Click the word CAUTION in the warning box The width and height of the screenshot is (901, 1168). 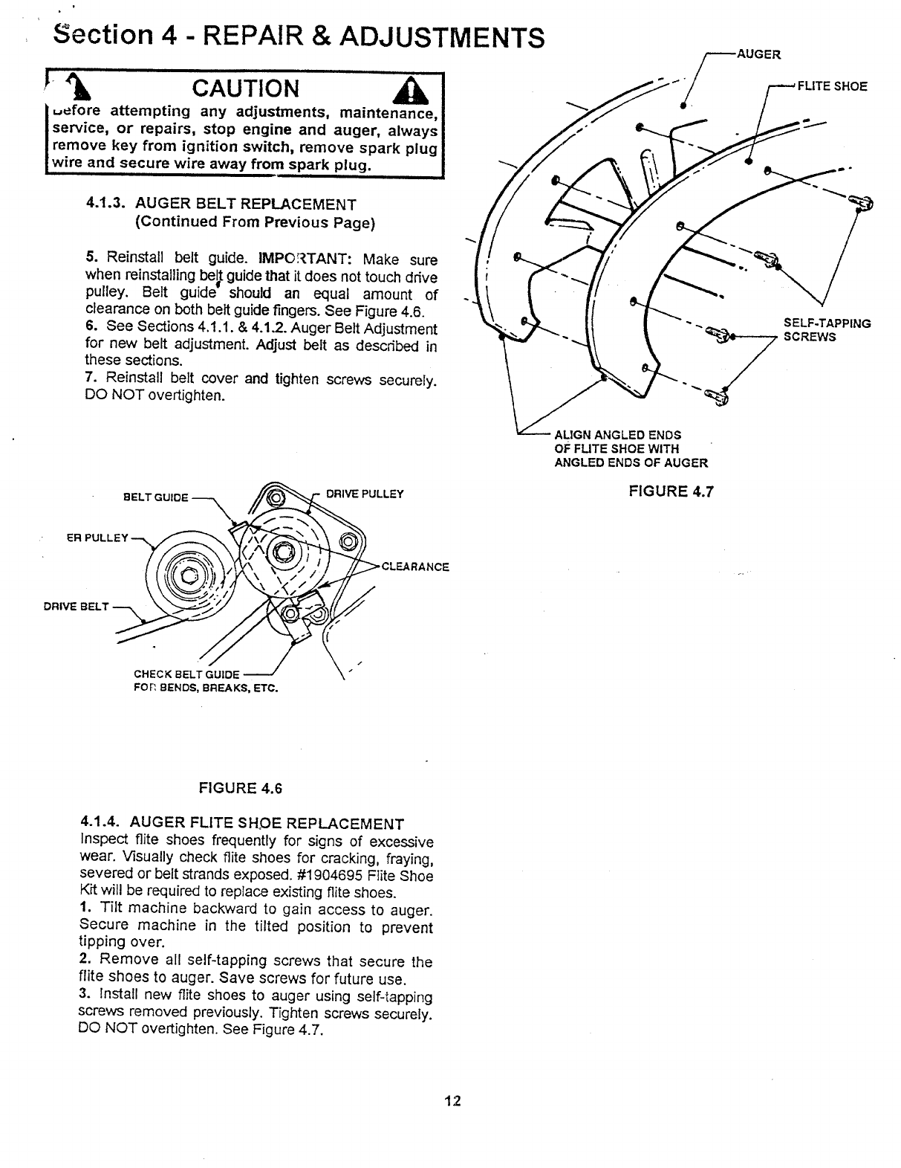click(245, 88)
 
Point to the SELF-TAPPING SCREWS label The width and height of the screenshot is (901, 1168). click(826, 330)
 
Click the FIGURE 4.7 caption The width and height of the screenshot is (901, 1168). click(670, 491)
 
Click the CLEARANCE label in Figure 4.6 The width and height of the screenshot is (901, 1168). click(415, 567)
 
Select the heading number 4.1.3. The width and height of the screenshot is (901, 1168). click(107, 204)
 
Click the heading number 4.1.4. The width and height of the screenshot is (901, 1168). click(101, 823)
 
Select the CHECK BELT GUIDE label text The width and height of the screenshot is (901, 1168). click(186, 674)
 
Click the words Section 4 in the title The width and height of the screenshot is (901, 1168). click(113, 36)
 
